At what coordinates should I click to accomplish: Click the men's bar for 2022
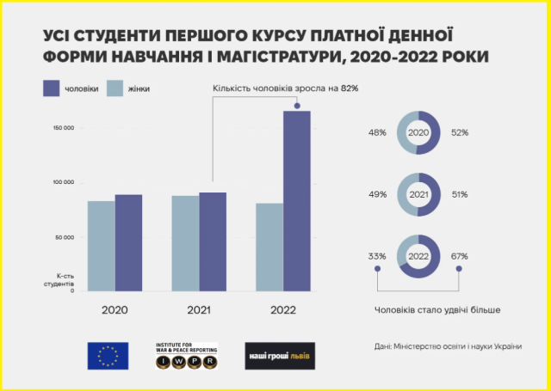[297, 201]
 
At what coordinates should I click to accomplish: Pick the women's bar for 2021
[185, 243]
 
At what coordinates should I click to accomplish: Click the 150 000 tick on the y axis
[63, 128]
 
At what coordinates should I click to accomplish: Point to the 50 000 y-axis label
[65, 236]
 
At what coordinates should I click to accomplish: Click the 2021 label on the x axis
[199, 309]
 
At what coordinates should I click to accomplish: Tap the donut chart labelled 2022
[418, 255]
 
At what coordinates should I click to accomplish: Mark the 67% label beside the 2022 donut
[458, 255]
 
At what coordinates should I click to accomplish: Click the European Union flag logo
[108, 356]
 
